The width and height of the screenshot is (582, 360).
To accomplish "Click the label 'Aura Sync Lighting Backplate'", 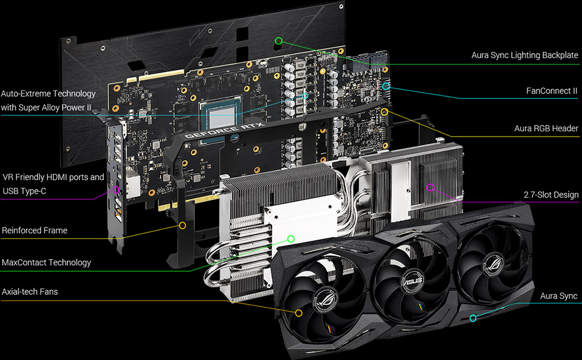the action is (x=524, y=55).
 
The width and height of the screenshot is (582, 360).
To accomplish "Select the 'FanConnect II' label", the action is (x=551, y=91).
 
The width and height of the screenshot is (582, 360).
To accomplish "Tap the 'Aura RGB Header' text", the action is (x=546, y=128).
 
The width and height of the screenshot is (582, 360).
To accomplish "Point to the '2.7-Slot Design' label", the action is (x=551, y=195).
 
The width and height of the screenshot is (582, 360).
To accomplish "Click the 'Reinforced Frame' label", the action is (x=35, y=230).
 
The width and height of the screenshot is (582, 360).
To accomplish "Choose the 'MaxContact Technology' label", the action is (x=47, y=263).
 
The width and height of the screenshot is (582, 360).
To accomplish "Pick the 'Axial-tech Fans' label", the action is (x=30, y=291).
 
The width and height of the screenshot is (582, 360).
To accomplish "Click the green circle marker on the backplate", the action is (x=279, y=40).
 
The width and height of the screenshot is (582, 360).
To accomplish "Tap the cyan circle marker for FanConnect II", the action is (x=386, y=86).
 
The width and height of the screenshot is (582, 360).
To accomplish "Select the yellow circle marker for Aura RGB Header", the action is (x=384, y=111).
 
